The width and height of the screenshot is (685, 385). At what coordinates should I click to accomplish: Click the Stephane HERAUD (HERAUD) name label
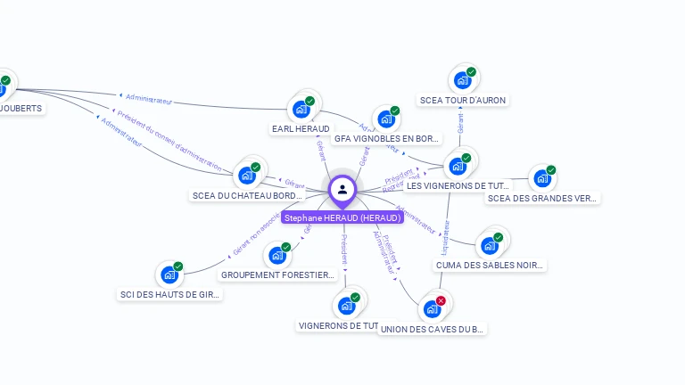click(x=342, y=217)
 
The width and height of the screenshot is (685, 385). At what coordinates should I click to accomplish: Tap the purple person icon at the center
click(x=342, y=189)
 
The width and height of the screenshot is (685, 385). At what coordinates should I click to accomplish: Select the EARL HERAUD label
click(x=301, y=129)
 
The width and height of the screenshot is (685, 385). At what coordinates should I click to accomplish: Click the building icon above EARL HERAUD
click(x=302, y=109)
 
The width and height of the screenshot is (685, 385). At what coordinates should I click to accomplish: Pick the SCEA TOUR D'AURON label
click(x=462, y=100)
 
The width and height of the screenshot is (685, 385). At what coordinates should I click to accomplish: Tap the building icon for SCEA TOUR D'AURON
click(x=462, y=80)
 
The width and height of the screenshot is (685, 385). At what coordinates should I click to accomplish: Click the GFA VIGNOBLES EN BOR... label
click(x=386, y=139)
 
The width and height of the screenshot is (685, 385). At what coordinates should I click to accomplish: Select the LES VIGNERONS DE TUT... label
click(x=458, y=185)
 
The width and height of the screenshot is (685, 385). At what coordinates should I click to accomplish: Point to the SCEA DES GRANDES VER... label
click(x=542, y=198)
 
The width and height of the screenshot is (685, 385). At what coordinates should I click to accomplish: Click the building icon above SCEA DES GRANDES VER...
click(x=542, y=178)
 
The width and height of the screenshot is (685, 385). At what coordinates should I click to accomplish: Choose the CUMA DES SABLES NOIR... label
click(x=489, y=265)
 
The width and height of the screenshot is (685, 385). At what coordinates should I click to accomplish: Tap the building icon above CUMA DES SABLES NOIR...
click(x=489, y=245)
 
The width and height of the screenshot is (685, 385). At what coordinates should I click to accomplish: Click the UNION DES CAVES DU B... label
click(x=432, y=329)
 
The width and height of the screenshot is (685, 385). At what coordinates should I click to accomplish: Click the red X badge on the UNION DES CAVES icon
click(x=441, y=301)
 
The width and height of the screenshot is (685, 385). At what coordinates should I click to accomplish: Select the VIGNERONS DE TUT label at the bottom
click(x=340, y=326)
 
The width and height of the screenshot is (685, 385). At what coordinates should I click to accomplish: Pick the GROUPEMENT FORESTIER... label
click(x=277, y=275)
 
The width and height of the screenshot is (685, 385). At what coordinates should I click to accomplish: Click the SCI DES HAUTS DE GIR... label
click(x=169, y=294)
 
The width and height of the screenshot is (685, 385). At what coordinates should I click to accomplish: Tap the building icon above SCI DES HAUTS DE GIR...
click(x=169, y=274)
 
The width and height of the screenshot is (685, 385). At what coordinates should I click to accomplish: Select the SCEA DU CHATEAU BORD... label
click(x=247, y=195)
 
